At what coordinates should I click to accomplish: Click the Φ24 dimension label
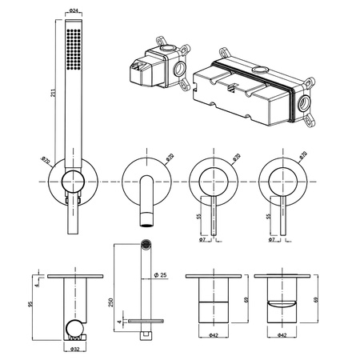point(74,11)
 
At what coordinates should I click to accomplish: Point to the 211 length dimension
point(54,93)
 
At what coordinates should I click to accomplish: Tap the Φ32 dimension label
point(75,349)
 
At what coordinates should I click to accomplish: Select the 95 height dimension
point(30,303)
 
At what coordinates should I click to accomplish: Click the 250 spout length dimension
point(111,302)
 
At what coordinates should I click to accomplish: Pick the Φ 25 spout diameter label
point(161,275)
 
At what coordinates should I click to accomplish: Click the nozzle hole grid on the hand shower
point(74,50)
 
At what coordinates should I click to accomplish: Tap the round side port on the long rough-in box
point(304,103)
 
